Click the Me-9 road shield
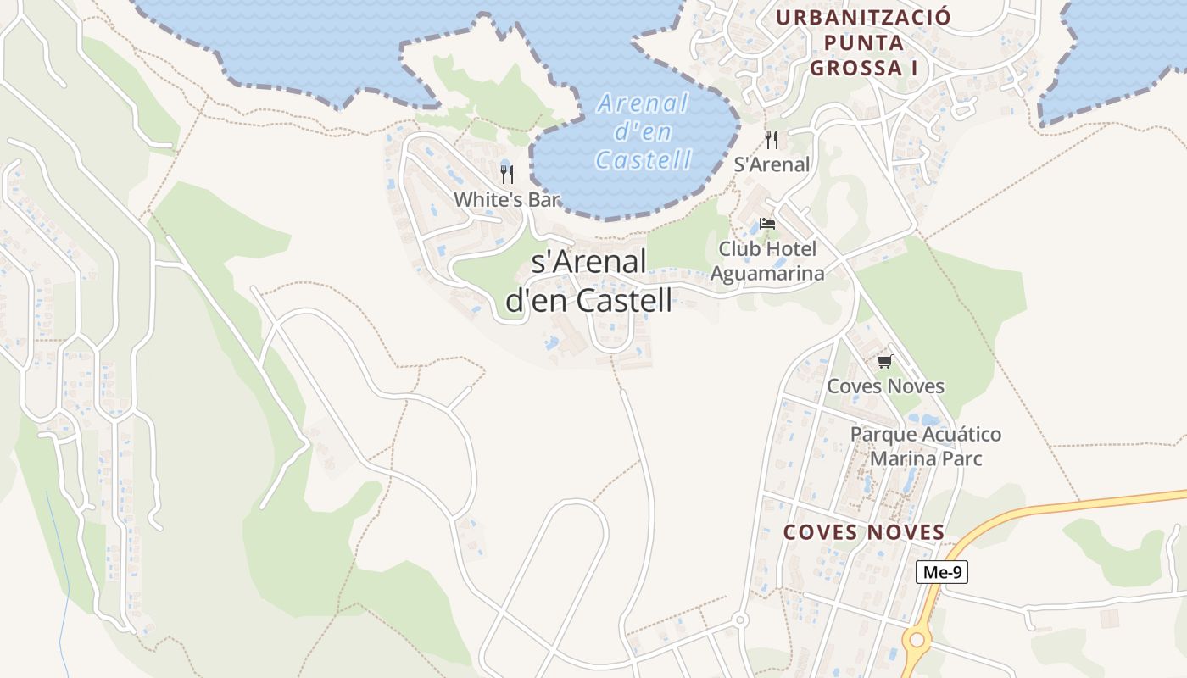pyautogui.click(x=942, y=572)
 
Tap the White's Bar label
pyautogui.click(x=507, y=200)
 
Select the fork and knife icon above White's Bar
pyautogui.click(x=507, y=175)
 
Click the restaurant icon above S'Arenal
pyautogui.click(x=772, y=139)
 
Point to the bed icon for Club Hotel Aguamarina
pyautogui.click(x=767, y=224)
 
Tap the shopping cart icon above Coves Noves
pyautogui.click(x=885, y=362)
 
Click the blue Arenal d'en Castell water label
pyautogui.click(x=644, y=131)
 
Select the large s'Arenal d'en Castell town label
pyautogui.click(x=589, y=281)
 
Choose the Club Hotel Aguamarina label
pyautogui.click(x=767, y=261)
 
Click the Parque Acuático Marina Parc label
pyautogui.click(x=926, y=446)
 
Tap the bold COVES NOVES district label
pyautogui.click(x=863, y=532)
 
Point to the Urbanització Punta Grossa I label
pyautogui.click(x=863, y=42)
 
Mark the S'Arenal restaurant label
pyautogui.click(x=772, y=164)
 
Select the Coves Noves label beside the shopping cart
pyautogui.click(x=885, y=386)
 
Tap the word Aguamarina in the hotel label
pyautogui.click(x=767, y=273)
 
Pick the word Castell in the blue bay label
pyautogui.click(x=644, y=158)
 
